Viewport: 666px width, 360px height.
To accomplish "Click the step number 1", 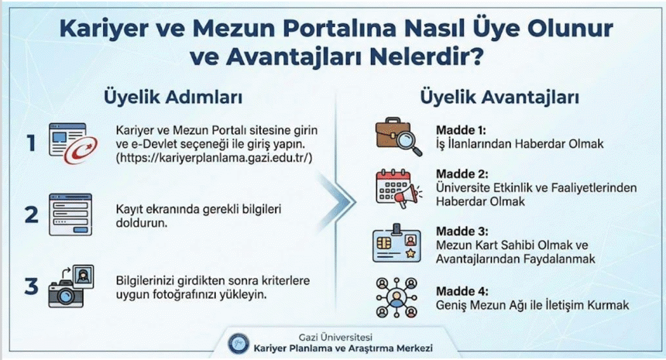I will point(31,143).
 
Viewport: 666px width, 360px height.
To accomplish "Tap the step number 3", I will point(31,286).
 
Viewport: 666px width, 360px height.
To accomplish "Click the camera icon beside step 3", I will point(70,286).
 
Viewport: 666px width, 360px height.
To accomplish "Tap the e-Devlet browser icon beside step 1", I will point(70,143).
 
